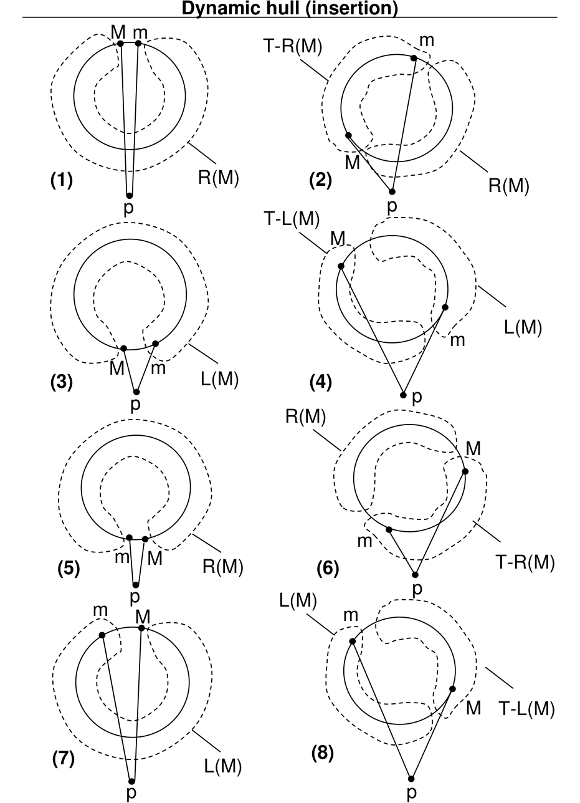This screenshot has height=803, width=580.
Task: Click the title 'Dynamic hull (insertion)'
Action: tap(290, 9)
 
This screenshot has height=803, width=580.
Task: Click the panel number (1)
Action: tap(61, 181)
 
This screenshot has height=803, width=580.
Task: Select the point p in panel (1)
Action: tap(130, 196)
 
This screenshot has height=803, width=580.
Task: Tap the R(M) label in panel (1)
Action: tap(218, 178)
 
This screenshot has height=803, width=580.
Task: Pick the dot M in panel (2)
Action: tap(348, 135)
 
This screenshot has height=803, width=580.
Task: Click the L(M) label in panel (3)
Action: tap(218, 380)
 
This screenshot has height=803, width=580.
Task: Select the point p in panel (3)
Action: tap(136, 392)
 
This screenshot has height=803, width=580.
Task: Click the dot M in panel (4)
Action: tap(341, 266)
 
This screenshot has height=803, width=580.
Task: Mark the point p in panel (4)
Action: tap(403, 395)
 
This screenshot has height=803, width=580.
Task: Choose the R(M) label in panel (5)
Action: tap(222, 567)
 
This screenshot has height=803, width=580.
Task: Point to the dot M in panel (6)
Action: tap(465, 471)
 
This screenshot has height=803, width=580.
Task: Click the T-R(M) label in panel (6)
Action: tap(525, 562)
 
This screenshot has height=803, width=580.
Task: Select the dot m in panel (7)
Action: tap(102, 635)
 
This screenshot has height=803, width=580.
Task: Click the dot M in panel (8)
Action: tap(452, 689)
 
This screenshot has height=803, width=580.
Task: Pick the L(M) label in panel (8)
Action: tap(298, 601)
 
